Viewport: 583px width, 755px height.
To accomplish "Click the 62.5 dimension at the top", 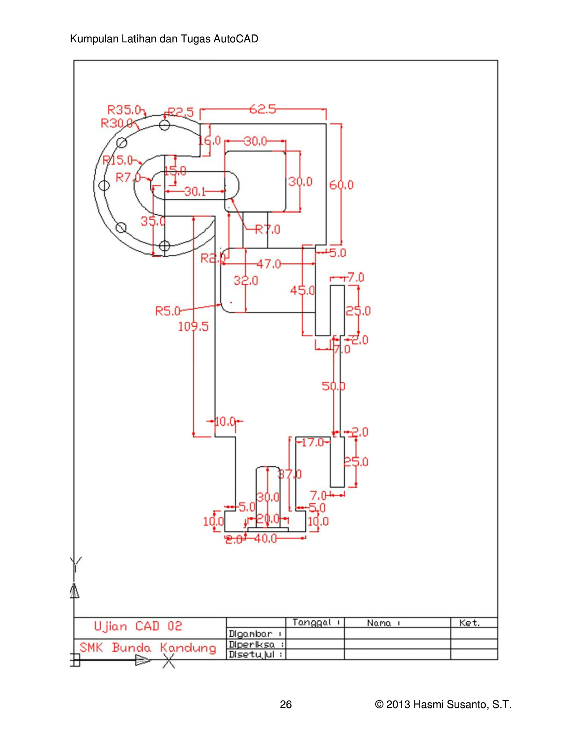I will tap(263, 109).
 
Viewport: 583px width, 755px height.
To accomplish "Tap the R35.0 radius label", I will tap(124, 110).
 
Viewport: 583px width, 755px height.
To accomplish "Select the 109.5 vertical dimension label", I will tap(193, 326).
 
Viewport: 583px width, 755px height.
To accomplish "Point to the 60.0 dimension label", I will tap(341, 185).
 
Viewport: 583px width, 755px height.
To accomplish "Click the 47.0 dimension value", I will tap(269, 264).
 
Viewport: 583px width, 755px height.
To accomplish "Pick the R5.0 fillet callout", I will tap(167, 311).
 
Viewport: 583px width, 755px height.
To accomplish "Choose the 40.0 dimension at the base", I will tap(265, 539).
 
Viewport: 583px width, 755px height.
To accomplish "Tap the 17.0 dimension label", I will tap(312, 443).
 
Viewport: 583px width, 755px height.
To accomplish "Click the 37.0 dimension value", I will tap(290, 474).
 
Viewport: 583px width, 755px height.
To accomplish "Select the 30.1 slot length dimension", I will tap(195, 192).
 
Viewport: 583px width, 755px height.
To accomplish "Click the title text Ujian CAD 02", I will tap(138, 626).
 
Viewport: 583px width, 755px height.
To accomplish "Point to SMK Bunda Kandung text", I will tap(148, 648).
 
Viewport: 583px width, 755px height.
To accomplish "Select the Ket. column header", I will tap(469, 623).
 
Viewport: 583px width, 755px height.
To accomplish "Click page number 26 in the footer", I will tap(286, 704).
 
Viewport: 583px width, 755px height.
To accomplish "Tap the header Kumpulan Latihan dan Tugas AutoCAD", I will tap(164, 39).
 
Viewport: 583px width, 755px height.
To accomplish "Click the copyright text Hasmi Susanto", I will tap(443, 704).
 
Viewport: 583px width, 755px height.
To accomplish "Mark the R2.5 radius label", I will tap(181, 112).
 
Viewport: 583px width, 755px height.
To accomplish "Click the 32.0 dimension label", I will tap(246, 281).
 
